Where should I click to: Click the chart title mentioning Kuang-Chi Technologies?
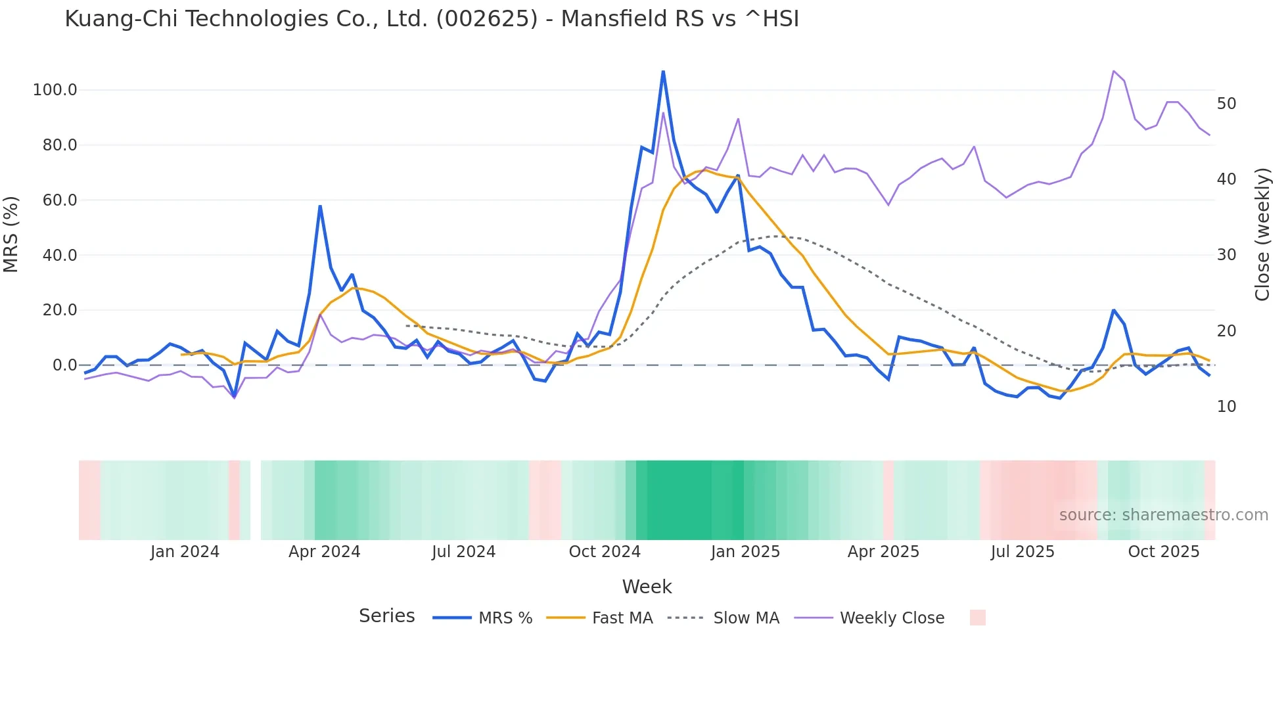tap(432, 19)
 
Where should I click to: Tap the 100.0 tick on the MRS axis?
tap(55, 90)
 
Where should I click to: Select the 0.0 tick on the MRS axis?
tap(65, 365)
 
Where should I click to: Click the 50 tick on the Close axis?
tap(1226, 104)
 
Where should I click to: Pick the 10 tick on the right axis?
tap(1226, 407)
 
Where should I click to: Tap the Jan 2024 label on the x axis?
tap(185, 552)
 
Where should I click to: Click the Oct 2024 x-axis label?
tap(605, 552)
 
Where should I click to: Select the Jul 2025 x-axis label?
tap(1023, 552)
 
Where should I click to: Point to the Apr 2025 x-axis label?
tap(883, 552)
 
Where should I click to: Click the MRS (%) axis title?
tap(11, 234)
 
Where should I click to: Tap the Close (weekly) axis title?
tap(1262, 235)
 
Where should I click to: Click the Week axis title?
tap(647, 587)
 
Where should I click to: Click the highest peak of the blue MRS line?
tap(663, 72)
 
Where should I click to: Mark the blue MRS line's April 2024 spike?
tap(320, 206)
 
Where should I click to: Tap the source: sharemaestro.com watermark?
tap(1163, 515)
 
